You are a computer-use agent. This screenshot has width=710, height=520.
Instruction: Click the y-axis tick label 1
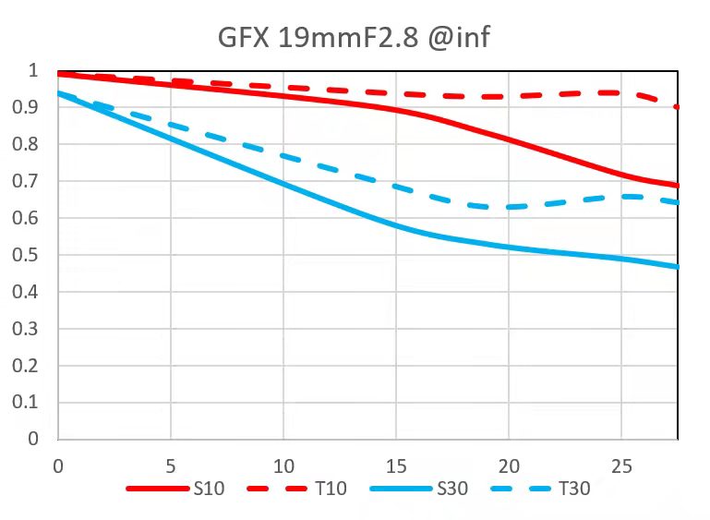pyautogui.click(x=33, y=71)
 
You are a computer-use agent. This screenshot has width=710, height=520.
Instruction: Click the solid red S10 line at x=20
pyautogui.click(x=509, y=139)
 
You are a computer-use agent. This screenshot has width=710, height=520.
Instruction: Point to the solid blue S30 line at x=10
pyautogui.click(x=283, y=184)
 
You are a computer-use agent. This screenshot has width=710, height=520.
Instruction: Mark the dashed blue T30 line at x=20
pyautogui.click(x=509, y=207)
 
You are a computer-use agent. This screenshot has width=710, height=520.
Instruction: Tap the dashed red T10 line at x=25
pyautogui.click(x=621, y=92)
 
